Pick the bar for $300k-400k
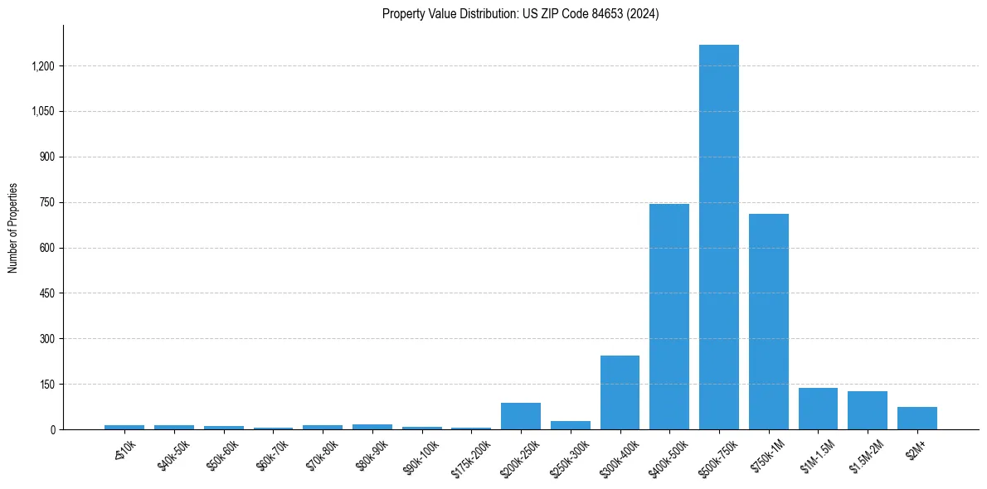(x=620, y=393)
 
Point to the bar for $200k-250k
(x=520, y=416)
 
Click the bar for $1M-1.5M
(x=818, y=409)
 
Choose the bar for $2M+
(x=916, y=419)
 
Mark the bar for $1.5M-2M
(x=868, y=410)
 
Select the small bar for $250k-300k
(x=570, y=425)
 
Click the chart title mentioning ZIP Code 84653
(x=520, y=14)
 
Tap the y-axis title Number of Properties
(x=13, y=228)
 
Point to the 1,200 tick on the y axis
(x=42, y=66)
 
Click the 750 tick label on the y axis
(x=46, y=202)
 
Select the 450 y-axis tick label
(x=46, y=293)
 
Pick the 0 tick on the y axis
(x=52, y=429)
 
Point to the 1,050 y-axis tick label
(x=42, y=112)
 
